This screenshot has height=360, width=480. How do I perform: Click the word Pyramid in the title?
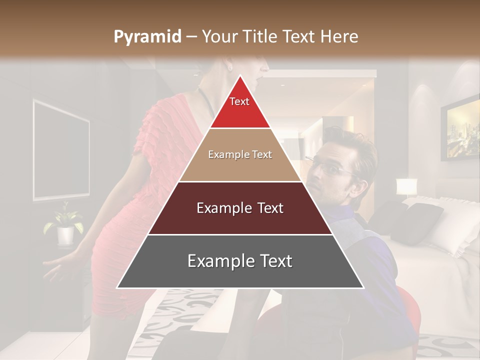(x=147, y=37)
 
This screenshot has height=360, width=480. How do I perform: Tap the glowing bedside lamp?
(x=406, y=187)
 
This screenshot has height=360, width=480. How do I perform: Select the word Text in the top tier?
(x=239, y=101)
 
